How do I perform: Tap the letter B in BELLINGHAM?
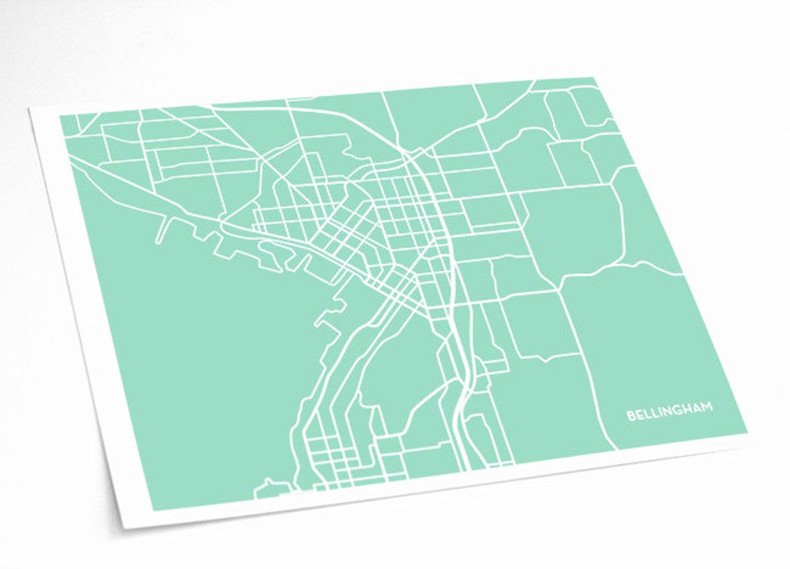[x=631, y=416]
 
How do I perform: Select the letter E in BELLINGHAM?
[x=639, y=415]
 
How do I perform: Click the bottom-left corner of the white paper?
[x=123, y=529]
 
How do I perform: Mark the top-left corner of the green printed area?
[x=60, y=115]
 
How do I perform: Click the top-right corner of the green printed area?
[x=595, y=78]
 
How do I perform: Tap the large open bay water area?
[x=201, y=360]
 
